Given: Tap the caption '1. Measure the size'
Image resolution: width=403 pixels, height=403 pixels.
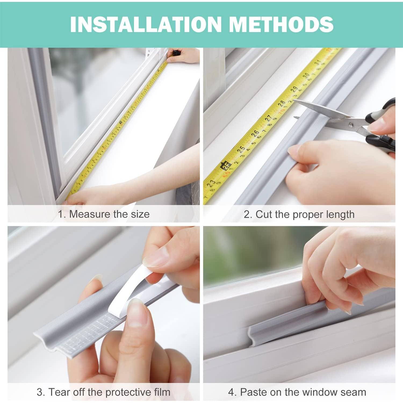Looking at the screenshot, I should [104, 214].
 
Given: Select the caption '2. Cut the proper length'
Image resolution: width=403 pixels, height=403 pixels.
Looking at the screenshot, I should [299, 214].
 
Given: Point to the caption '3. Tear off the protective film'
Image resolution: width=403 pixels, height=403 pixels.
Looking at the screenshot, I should [104, 392].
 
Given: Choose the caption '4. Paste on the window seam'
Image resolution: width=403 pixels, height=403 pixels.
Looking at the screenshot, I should [297, 392].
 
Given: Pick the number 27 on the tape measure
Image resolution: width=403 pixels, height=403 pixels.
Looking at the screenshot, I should [268, 118].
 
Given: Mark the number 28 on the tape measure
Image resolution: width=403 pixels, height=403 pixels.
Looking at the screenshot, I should [281, 103].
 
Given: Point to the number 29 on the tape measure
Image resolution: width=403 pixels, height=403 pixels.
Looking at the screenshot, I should [294, 89].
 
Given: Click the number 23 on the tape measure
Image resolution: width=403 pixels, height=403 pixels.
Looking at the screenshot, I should [211, 184].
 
